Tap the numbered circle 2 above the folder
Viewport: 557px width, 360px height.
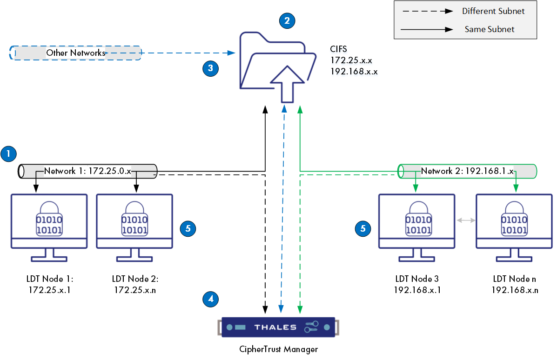pyautogui.click(x=287, y=20)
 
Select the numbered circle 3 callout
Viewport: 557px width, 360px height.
pyautogui.click(x=211, y=68)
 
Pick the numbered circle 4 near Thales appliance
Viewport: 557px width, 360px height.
pyautogui.click(x=211, y=299)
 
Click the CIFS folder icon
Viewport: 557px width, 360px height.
pyautogui.click(x=273, y=65)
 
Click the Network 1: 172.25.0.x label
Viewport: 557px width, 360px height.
pyautogui.click(x=87, y=171)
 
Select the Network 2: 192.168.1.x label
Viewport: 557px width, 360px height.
pyautogui.click(x=467, y=171)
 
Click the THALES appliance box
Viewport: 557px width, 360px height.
pyautogui.click(x=278, y=327)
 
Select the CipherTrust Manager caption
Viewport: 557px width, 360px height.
pyautogui.click(x=278, y=349)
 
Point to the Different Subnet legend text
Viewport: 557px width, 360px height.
pyautogui.click(x=493, y=11)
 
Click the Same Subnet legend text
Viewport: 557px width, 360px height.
pyautogui.click(x=490, y=29)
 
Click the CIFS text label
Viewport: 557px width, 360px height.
pyautogui.click(x=339, y=48)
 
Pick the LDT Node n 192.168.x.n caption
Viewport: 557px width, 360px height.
pyautogui.click(x=515, y=284)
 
